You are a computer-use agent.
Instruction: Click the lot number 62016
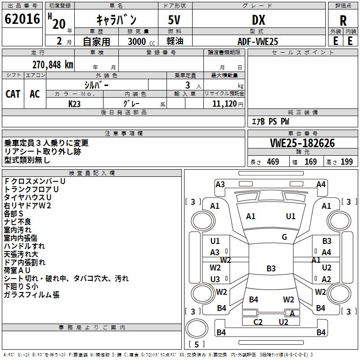(22, 20)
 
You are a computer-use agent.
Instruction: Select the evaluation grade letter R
(343, 21)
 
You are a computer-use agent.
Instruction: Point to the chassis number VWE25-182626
(302, 144)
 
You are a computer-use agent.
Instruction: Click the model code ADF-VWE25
(258, 41)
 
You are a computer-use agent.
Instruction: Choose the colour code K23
(75, 103)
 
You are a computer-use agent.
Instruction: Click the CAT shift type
(13, 94)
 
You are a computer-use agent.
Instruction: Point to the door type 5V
(175, 20)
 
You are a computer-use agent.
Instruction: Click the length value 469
(273, 162)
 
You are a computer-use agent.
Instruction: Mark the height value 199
(346, 162)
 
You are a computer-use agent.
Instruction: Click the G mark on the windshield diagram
(284, 237)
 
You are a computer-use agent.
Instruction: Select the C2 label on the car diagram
(258, 322)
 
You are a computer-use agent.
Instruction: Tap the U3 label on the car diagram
(215, 279)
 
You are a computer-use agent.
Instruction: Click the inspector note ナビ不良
(18, 221)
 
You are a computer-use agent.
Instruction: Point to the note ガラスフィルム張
(31, 295)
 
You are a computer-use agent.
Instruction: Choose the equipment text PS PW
(279, 122)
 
